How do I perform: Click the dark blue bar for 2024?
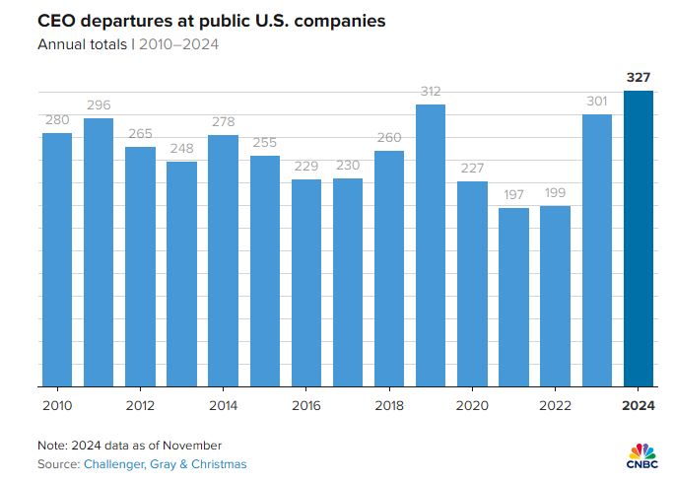coord(639,239)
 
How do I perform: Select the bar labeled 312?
coord(431,246)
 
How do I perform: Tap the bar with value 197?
coord(514,298)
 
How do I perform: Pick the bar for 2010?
coord(57,260)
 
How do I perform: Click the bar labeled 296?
coord(99,253)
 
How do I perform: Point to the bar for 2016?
coord(306,284)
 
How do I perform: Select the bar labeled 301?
coord(597,251)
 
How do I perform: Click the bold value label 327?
coord(639,77)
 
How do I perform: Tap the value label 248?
coord(181,148)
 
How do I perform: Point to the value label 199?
coord(556,192)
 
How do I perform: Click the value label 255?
coord(265,142)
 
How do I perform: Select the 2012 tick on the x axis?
coord(140,405)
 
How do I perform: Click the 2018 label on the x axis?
coord(389,405)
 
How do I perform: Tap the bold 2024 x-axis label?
coord(639,405)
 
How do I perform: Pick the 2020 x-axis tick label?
coord(472,405)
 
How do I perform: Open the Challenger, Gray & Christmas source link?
coord(165,463)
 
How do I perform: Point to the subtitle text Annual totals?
coord(80,43)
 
